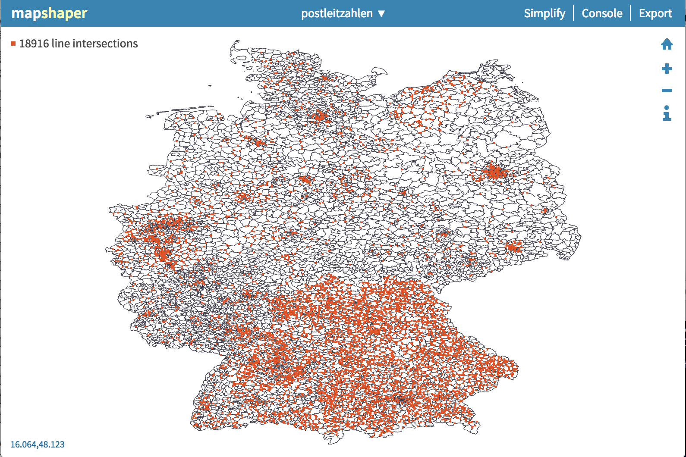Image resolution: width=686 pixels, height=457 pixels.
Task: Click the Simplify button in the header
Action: pyautogui.click(x=544, y=13)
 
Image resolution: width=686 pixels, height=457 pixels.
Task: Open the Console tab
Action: pyautogui.click(x=602, y=13)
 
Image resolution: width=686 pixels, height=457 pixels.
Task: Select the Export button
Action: pyautogui.click(x=655, y=13)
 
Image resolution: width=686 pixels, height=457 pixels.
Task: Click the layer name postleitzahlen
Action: pyautogui.click(x=337, y=13)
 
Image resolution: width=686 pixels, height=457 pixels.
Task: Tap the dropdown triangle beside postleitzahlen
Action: pyautogui.click(x=381, y=13)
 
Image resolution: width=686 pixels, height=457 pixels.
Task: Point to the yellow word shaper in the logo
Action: pyautogui.click(x=64, y=13)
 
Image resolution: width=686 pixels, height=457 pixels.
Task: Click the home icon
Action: pyautogui.click(x=667, y=44)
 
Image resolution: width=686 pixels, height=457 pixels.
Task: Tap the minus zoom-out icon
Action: pyautogui.click(x=667, y=91)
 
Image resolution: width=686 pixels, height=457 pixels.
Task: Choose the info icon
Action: pyautogui.click(x=667, y=113)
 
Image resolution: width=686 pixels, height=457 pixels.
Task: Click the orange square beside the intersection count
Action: pyautogui.click(x=14, y=44)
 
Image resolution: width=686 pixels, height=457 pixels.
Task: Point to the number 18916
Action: pyautogui.click(x=34, y=44)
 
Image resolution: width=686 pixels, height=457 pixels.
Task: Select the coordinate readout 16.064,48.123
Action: pyautogui.click(x=38, y=444)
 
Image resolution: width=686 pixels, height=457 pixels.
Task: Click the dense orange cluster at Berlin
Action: pyautogui.click(x=494, y=172)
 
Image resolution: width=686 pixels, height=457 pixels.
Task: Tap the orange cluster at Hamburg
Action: pyautogui.click(x=320, y=116)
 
